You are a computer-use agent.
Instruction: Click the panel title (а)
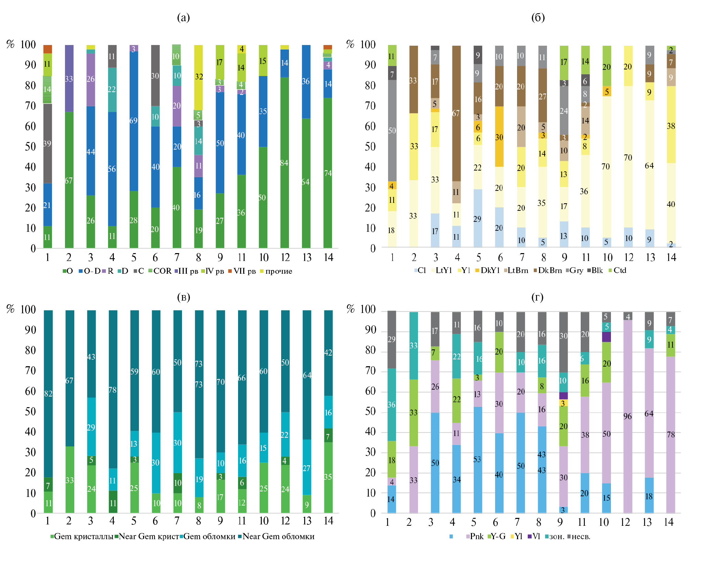[x=183, y=17]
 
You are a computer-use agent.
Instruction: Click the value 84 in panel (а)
[x=284, y=163]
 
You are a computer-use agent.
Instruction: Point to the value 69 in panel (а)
[x=133, y=121]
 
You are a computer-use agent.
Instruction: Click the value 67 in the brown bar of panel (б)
[x=456, y=113]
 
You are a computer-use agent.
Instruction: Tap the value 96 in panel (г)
[x=628, y=416]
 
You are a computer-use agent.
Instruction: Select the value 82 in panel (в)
[x=48, y=393]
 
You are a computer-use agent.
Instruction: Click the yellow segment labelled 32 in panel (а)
[x=198, y=77]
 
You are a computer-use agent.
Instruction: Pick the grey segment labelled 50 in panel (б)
[x=392, y=131]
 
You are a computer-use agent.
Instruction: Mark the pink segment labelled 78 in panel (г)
[x=670, y=435]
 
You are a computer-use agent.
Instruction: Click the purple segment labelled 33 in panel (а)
[x=69, y=79]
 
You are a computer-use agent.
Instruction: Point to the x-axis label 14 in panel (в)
[x=329, y=521]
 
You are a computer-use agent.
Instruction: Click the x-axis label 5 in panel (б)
[x=479, y=258]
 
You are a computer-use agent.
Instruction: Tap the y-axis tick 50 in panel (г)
[x=370, y=412]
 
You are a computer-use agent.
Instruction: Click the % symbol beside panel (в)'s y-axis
[x=10, y=309]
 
